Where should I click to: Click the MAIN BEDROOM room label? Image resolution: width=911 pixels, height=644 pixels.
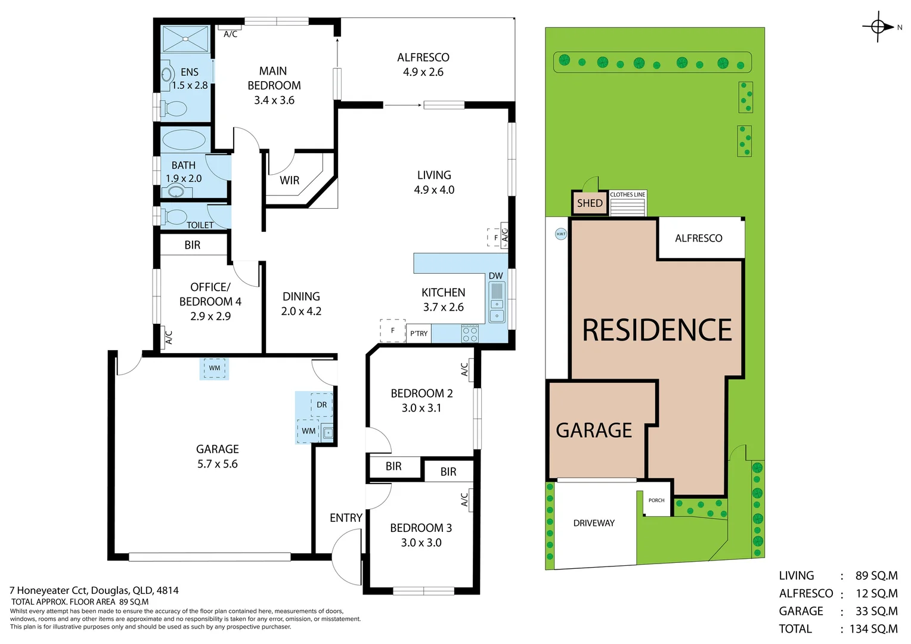point(274,78)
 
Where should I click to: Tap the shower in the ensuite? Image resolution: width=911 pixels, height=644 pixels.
point(185,39)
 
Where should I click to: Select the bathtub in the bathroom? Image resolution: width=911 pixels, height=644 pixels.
point(184,140)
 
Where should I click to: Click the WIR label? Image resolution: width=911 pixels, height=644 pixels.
point(289,180)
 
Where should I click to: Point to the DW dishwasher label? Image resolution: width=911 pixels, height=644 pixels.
point(496,276)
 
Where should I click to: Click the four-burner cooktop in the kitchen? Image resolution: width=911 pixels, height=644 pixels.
point(470,334)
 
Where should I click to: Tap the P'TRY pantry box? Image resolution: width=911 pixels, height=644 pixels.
point(419,333)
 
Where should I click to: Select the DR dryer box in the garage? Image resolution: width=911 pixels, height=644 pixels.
point(321,405)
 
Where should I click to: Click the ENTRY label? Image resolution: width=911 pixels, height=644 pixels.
point(346,518)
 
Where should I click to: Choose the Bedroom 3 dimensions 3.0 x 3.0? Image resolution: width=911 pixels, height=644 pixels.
point(421,543)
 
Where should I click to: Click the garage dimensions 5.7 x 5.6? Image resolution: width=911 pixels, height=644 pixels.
point(217,464)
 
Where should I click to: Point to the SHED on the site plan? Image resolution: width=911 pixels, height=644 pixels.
point(590,203)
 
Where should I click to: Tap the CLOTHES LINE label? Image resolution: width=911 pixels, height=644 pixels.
point(627,195)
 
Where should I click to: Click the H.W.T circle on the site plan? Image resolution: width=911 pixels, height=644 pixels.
point(561,234)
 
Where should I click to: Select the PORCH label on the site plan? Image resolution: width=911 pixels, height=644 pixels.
point(656,500)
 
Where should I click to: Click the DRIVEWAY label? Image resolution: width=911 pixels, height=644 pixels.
point(594,523)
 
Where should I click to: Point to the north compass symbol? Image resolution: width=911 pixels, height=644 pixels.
point(878,27)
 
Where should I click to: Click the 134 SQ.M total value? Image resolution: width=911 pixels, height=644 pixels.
point(873,629)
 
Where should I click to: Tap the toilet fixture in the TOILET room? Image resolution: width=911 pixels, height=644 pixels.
point(173,216)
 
